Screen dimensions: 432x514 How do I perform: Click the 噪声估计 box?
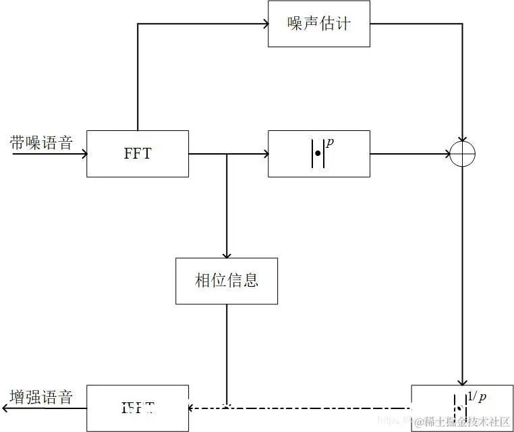(x=318, y=24)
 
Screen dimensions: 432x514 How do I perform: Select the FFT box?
(x=138, y=153)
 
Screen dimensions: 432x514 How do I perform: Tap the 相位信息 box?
(x=227, y=280)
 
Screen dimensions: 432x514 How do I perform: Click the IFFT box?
(x=138, y=408)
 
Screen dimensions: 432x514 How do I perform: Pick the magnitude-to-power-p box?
(x=318, y=153)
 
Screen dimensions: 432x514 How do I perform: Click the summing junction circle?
(x=463, y=154)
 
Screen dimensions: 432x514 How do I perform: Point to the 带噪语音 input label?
(x=41, y=142)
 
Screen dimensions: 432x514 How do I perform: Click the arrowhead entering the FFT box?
(x=83, y=154)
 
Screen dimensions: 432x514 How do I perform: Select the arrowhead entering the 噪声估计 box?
(x=264, y=24)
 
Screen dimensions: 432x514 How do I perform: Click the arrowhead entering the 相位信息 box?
(x=227, y=254)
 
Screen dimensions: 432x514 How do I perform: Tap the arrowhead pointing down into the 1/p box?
(x=463, y=381)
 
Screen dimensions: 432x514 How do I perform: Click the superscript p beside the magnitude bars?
(x=331, y=142)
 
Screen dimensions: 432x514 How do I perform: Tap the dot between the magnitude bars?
(x=318, y=155)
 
